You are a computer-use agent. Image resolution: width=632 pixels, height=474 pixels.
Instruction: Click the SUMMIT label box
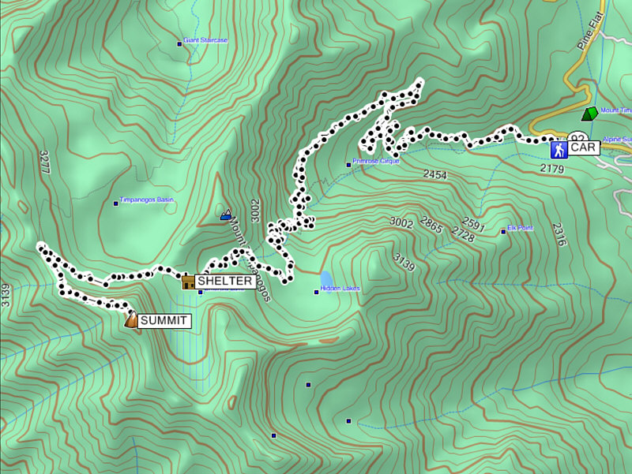click(x=164, y=321)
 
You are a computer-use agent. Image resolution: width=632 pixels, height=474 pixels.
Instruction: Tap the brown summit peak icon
click(x=131, y=319)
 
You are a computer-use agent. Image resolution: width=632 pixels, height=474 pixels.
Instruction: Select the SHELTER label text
click(x=225, y=282)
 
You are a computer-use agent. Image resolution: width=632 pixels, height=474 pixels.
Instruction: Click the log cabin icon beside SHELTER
click(x=188, y=281)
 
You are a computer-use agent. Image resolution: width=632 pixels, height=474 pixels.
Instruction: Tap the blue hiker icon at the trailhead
click(x=559, y=147)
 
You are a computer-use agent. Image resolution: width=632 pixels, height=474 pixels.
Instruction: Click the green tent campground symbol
click(x=588, y=114)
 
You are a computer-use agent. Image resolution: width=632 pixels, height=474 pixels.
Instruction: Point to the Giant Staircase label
click(x=205, y=39)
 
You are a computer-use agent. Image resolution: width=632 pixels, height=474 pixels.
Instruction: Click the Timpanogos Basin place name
click(x=146, y=200)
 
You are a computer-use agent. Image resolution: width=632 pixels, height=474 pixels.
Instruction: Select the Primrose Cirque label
click(x=377, y=161)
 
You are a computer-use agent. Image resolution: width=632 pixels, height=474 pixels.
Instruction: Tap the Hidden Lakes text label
click(x=340, y=289)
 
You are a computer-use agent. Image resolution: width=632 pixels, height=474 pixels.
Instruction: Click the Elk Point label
click(x=520, y=228)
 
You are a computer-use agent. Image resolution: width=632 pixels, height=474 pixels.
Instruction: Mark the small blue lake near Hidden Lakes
click(x=326, y=279)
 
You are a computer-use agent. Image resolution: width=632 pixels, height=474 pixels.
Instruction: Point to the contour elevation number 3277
click(x=45, y=162)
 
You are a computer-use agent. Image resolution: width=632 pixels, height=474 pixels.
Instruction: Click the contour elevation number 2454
click(x=435, y=174)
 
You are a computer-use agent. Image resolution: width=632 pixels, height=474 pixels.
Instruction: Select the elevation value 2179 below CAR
click(x=552, y=169)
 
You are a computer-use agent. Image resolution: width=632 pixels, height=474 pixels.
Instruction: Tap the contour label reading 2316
click(x=559, y=234)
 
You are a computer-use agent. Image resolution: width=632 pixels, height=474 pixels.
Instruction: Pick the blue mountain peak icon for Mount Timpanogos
click(x=227, y=214)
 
